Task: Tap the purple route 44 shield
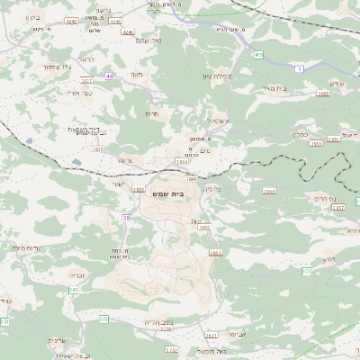(110, 76)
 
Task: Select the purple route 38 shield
(126, 217)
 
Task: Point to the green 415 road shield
(258, 55)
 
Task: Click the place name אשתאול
(218, 119)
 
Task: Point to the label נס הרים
(319, 197)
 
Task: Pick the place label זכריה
(77, 275)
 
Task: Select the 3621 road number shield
(211, 334)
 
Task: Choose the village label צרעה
(124, 160)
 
